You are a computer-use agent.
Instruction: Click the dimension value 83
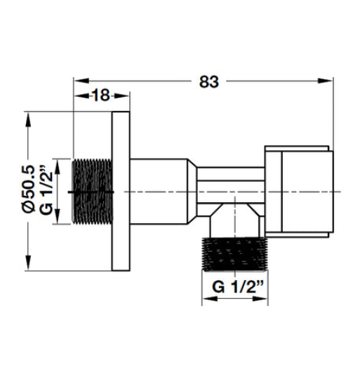208,81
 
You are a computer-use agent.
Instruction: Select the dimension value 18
102,96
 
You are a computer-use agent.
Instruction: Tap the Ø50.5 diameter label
29,188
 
